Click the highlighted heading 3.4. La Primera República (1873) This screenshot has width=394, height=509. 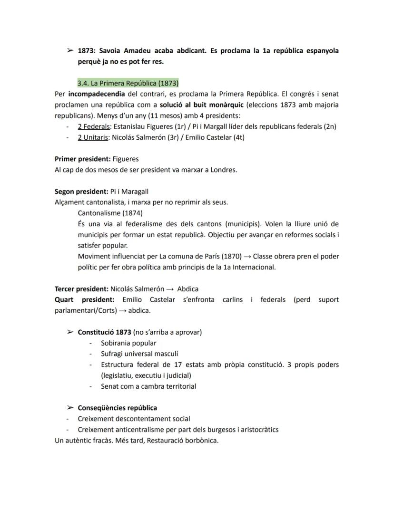point(128,83)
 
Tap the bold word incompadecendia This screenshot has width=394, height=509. point(97,94)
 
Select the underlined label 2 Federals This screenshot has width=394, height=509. point(94,126)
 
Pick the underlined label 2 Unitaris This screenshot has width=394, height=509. point(93,137)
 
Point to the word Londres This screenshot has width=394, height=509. point(223,170)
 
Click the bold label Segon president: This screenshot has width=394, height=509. point(81,192)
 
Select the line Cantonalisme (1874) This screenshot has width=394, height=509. point(110,213)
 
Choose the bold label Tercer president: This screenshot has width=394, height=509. point(81,288)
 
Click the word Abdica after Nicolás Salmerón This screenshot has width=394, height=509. point(187,288)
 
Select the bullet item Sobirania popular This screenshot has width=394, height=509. point(128,343)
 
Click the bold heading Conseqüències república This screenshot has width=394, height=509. point(117,408)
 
